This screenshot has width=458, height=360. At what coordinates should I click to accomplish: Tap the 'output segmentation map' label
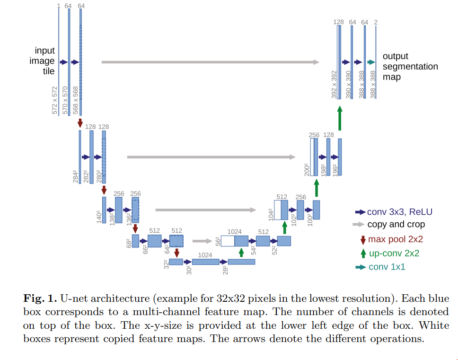click(410, 66)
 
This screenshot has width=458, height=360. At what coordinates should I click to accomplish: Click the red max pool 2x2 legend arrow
click(363, 240)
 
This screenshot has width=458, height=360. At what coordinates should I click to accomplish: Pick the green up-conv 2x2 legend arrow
click(363, 254)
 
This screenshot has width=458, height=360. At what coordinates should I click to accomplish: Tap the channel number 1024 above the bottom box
click(205, 255)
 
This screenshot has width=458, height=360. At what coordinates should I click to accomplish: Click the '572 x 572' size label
click(54, 100)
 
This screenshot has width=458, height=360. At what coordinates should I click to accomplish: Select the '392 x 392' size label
click(334, 85)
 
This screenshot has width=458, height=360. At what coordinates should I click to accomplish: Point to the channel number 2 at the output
click(376, 22)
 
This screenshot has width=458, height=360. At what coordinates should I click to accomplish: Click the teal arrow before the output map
click(371, 62)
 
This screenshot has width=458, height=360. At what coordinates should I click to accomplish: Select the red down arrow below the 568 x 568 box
click(80, 122)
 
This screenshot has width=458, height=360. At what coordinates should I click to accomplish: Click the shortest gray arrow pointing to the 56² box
click(203, 241)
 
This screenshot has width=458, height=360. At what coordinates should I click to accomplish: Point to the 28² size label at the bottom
click(225, 270)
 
